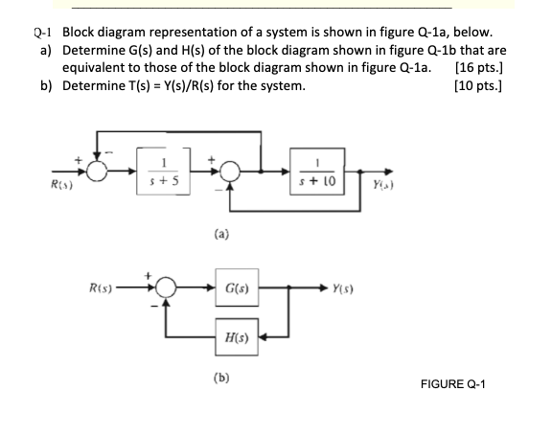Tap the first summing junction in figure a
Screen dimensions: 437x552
point(96,172)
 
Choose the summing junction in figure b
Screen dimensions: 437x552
point(166,287)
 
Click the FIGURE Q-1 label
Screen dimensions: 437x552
point(454,384)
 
